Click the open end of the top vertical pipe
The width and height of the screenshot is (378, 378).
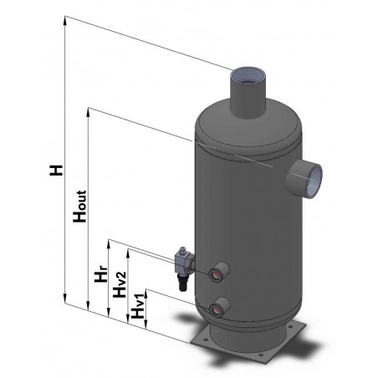248,78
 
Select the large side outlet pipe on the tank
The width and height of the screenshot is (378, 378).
304,176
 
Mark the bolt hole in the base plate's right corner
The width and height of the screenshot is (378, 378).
295,338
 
